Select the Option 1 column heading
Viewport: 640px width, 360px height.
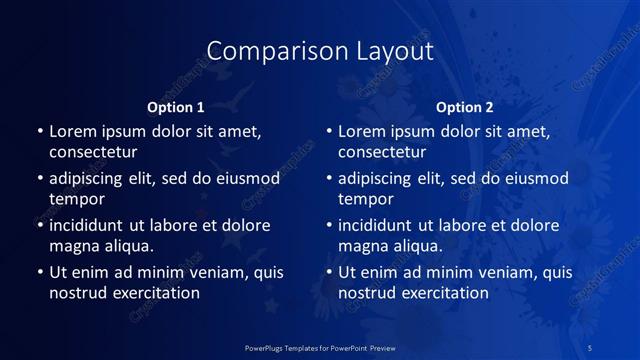tap(176, 107)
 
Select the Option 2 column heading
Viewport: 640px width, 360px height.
tap(465, 107)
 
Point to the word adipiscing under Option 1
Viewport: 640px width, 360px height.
tap(90, 178)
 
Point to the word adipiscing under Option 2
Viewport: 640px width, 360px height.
tap(379, 178)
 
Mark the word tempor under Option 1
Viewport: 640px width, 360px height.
tap(77, 199)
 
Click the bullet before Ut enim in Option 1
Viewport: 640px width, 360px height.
tap(39, 272)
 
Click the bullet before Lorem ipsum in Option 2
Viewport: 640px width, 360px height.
tap(328, 131)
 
